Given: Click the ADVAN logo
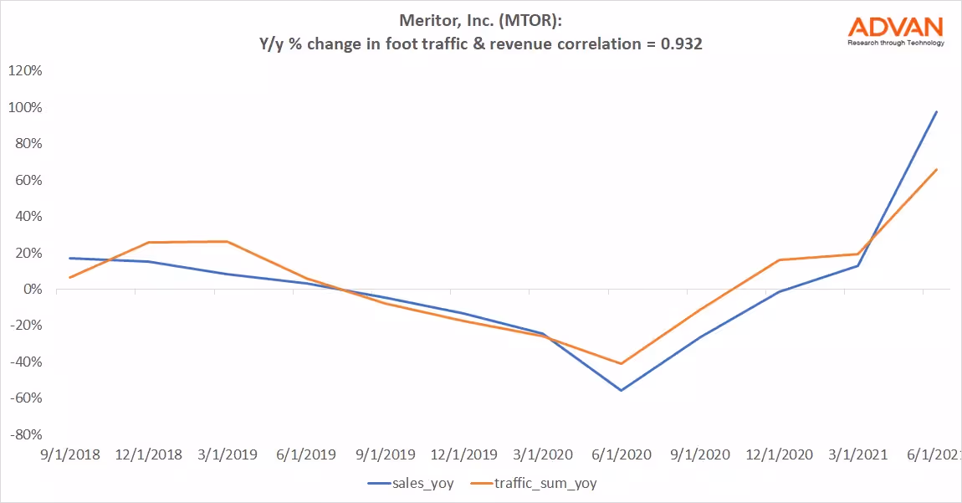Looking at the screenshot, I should point(896,27).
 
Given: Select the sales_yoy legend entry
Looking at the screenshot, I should point(411,483).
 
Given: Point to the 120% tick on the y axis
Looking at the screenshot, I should point(24,71).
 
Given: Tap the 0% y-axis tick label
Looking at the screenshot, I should point(31,289).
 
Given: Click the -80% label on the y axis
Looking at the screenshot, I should point(24,434).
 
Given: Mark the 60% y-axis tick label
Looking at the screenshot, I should point(28,180).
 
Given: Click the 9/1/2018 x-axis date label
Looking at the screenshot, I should point(69,455).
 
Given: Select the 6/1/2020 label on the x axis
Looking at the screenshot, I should point(620,455).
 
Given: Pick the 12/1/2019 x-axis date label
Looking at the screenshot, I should point(463,455).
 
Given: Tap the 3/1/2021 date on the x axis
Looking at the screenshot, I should point(857,455).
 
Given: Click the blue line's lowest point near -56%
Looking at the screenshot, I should point(621,390).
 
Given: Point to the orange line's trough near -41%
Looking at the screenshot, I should point(621,363).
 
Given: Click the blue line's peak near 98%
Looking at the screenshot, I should point(936,111).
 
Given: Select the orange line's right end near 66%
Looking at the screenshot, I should point(936,169).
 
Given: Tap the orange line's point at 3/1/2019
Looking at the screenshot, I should point(227,241).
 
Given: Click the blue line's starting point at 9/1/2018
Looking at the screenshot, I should point(70,258).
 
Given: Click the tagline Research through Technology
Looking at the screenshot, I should point(896,43).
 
